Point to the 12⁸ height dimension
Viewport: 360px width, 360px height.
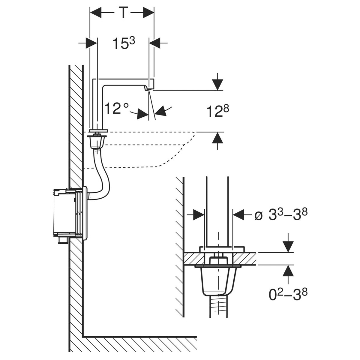218,111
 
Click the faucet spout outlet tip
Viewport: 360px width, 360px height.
148,89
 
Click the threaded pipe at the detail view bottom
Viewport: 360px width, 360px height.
217,306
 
